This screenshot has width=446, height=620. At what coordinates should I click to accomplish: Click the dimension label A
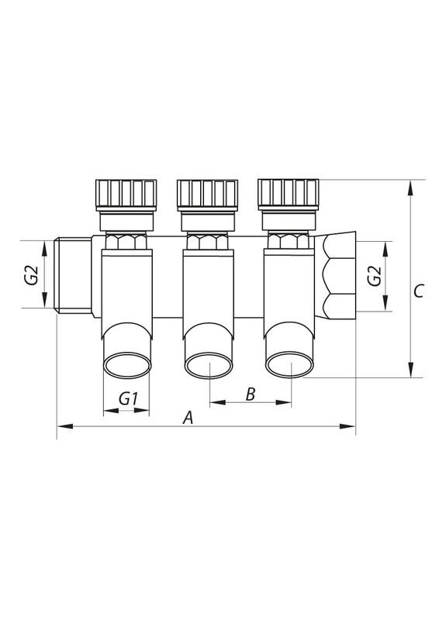[x=186, y=418]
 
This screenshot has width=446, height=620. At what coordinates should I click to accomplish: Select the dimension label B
[x=250, y=394]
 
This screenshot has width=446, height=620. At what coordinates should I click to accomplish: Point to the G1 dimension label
[x=128, y=398]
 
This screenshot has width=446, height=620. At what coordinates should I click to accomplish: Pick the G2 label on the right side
[x=374, y=276]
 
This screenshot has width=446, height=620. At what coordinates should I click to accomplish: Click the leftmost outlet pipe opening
[x=126, y=364]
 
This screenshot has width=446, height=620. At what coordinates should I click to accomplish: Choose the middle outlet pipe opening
[x=209, y=365]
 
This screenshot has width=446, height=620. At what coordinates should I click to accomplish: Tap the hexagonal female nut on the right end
[x=338, y=276]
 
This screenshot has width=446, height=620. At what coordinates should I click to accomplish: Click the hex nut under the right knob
[x=289, y=239]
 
